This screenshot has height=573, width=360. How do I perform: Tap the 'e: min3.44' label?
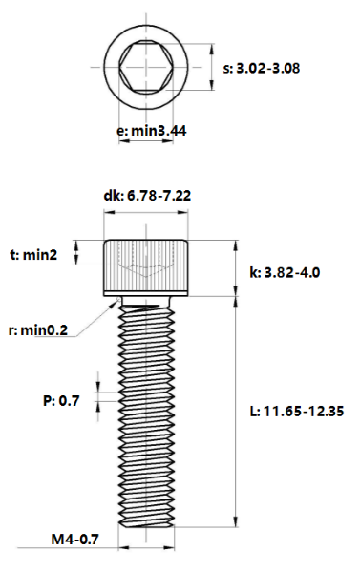[x=150, y=130]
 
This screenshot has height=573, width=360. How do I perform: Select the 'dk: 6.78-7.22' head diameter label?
[x=148, y=196]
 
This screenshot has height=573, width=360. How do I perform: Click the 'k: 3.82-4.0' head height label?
[x=285, y=272]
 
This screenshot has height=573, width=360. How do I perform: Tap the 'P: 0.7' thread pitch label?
[x=61, y=401]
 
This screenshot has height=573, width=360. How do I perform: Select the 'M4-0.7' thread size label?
[x=76, y=541]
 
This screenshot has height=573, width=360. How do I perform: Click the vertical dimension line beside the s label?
[x=211, y=69]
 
